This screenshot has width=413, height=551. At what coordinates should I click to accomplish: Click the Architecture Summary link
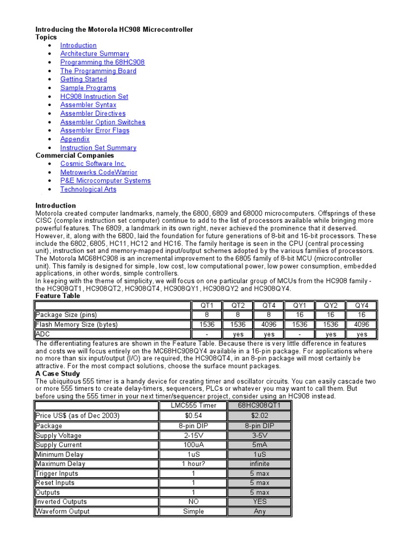click(x=94, y=54)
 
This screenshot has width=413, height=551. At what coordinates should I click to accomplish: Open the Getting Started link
click(x=83, y=79)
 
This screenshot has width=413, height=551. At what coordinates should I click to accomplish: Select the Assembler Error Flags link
click(x=95, y=130)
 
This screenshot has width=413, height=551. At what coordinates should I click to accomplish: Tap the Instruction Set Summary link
click(x=98, y=147)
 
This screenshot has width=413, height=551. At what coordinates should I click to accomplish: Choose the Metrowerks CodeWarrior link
click(x=98, y=172)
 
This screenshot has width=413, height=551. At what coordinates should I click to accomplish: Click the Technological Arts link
click(x=88, y=189)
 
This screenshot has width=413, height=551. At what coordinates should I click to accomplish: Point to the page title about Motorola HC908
click(x=114, y=29)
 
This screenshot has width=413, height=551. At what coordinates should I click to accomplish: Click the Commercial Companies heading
click(x=75, y=156)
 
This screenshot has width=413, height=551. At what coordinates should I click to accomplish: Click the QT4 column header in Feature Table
click(x=269, y=306)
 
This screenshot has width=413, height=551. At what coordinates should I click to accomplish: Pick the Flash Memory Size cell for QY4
click(x=362, y=324)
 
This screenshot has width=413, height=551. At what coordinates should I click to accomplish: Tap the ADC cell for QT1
click(x=207, y=334)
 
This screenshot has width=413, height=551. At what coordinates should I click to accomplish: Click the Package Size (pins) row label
click(x=66, y=315)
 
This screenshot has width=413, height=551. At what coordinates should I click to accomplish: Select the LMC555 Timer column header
click(x=193, y=406)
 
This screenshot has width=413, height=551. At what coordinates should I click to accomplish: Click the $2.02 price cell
click(x=260, y=415)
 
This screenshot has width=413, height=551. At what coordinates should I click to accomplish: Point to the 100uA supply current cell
click(x=193, y=445)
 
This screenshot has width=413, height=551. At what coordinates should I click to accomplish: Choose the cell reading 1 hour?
click(x=193, y=464)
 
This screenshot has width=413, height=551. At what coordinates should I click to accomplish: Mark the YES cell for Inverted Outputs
click(x=260, y=501)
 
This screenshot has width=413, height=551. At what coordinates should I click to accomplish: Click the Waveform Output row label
click(x=62, y=511)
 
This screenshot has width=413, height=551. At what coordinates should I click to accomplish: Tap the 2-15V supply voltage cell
click(x=193, y=435)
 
